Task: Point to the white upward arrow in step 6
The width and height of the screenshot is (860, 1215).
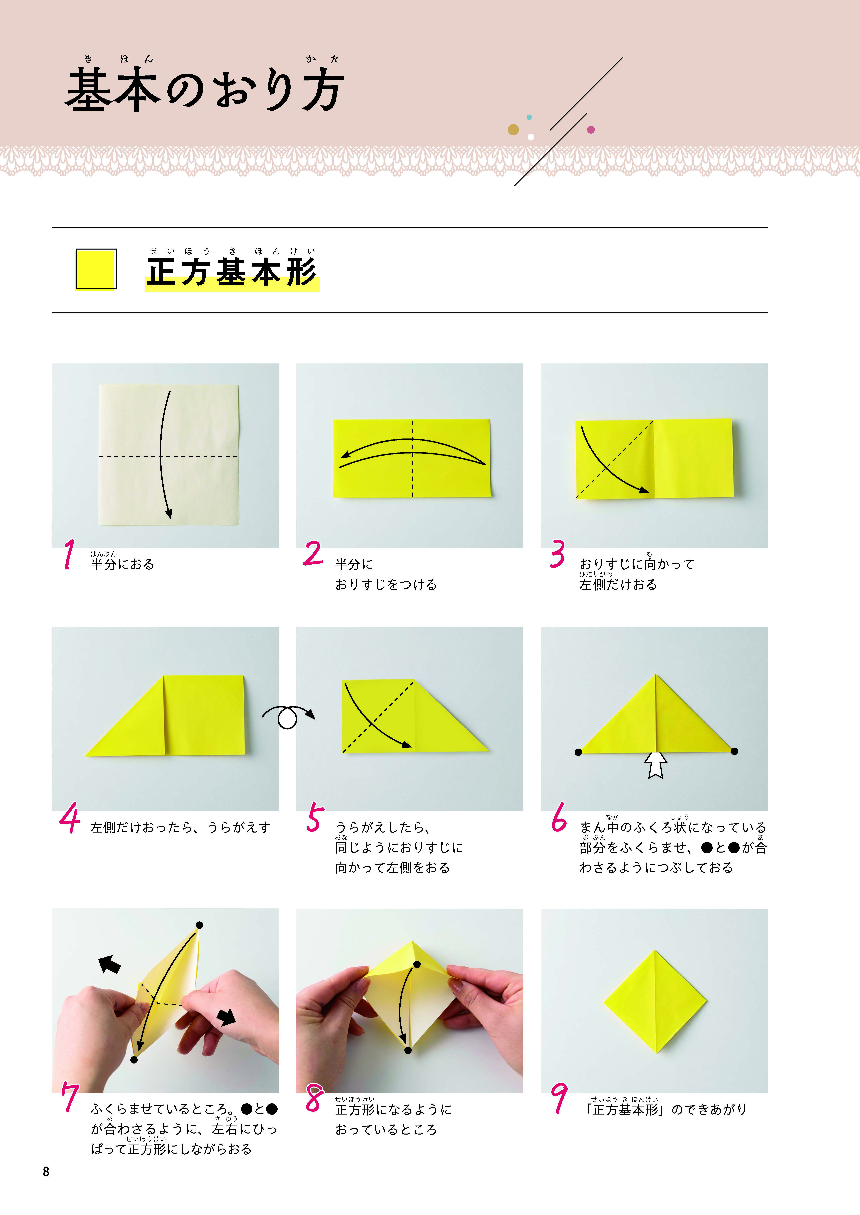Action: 656,765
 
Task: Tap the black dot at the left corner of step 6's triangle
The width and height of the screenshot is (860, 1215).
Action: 578,752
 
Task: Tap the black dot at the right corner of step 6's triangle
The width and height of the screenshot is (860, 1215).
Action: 734,751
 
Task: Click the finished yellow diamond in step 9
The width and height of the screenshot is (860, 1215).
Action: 656,1001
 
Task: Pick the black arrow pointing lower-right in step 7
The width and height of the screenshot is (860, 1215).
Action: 227,1016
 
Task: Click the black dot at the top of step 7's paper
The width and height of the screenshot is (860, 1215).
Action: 200,925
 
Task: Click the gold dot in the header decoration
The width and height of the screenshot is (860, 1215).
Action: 513,129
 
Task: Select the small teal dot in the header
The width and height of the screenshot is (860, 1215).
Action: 529,117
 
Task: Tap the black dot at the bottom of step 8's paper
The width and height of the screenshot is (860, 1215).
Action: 408,1050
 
